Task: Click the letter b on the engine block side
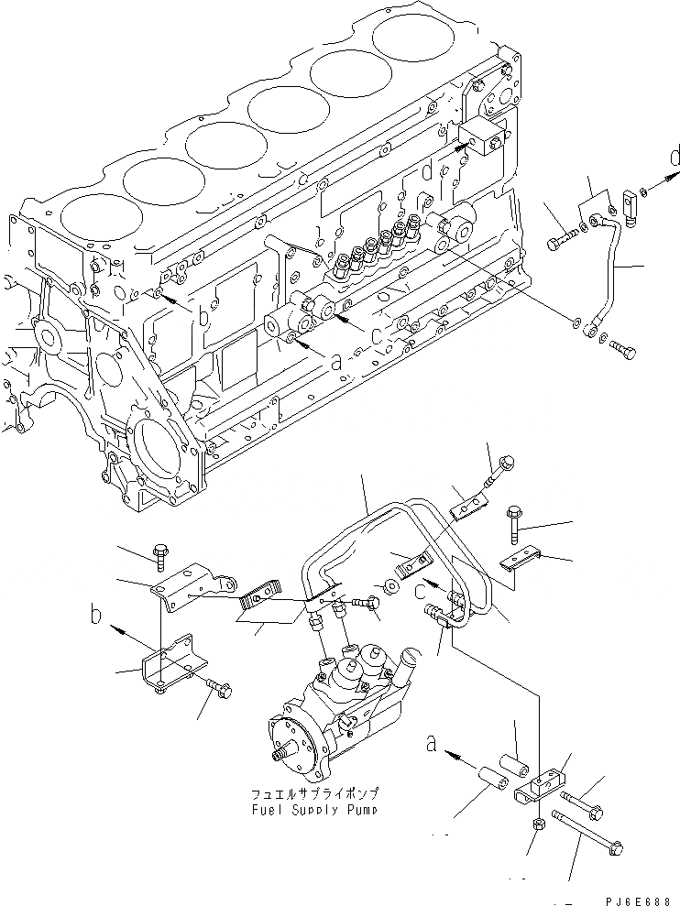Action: coord(203,318)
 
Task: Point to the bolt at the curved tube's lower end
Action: coord(621,350)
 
